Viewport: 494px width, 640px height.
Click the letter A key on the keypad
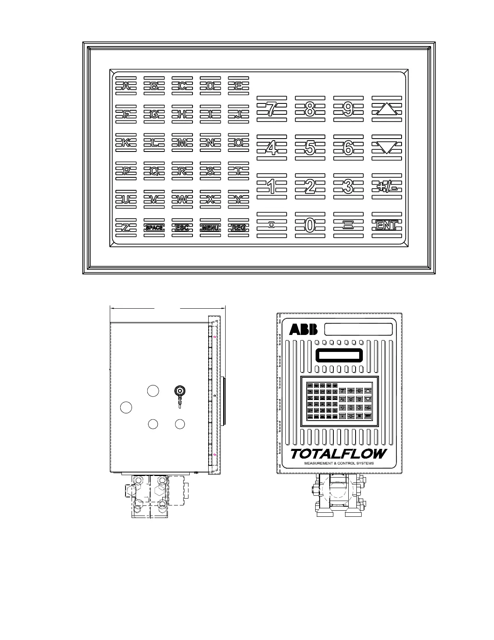click(x=126, y=86)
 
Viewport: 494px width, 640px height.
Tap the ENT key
click(x=387, y=225)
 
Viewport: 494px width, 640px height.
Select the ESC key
click(x=182, y=228)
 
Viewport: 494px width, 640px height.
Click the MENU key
click(x=210, y=228)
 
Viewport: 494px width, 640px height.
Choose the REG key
click(x=239, y=228)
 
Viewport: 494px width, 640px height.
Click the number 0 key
click(x=310, y=225)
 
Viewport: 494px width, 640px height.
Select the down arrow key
click(x=387, y=147)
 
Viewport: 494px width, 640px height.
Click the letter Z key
click(x=126, y=228)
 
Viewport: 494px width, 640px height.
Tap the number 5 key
click(x=310, y=148)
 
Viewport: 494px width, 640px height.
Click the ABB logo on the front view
click(x=304, y=330)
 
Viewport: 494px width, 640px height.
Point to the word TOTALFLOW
click(x=338, y=454)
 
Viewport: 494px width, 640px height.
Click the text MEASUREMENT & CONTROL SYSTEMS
click(x=339, y=463)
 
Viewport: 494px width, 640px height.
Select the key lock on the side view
click(x=180, y=391)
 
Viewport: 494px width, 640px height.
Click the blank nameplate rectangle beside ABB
click(x=358, y=329)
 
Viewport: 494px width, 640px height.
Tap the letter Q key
click(x=154, y=171)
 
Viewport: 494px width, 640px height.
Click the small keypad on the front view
click(x=339, y=402)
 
